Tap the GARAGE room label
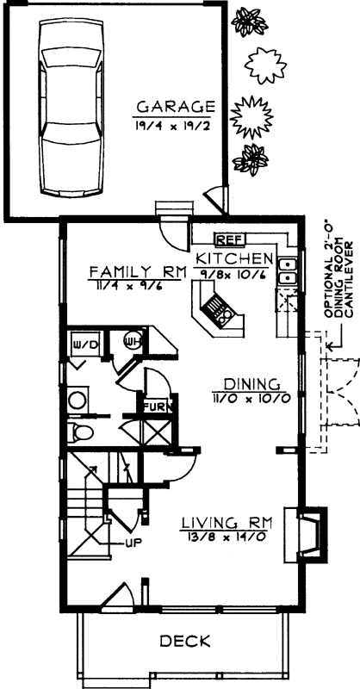tap(175, 108)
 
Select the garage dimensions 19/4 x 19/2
tap(175, 124)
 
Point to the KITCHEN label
tap(234, 258)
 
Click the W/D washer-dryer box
tap(89, 321)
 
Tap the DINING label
tap(249, 384)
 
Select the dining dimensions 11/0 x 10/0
tap(249, 398)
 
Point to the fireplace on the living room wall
tap(311, 525)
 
